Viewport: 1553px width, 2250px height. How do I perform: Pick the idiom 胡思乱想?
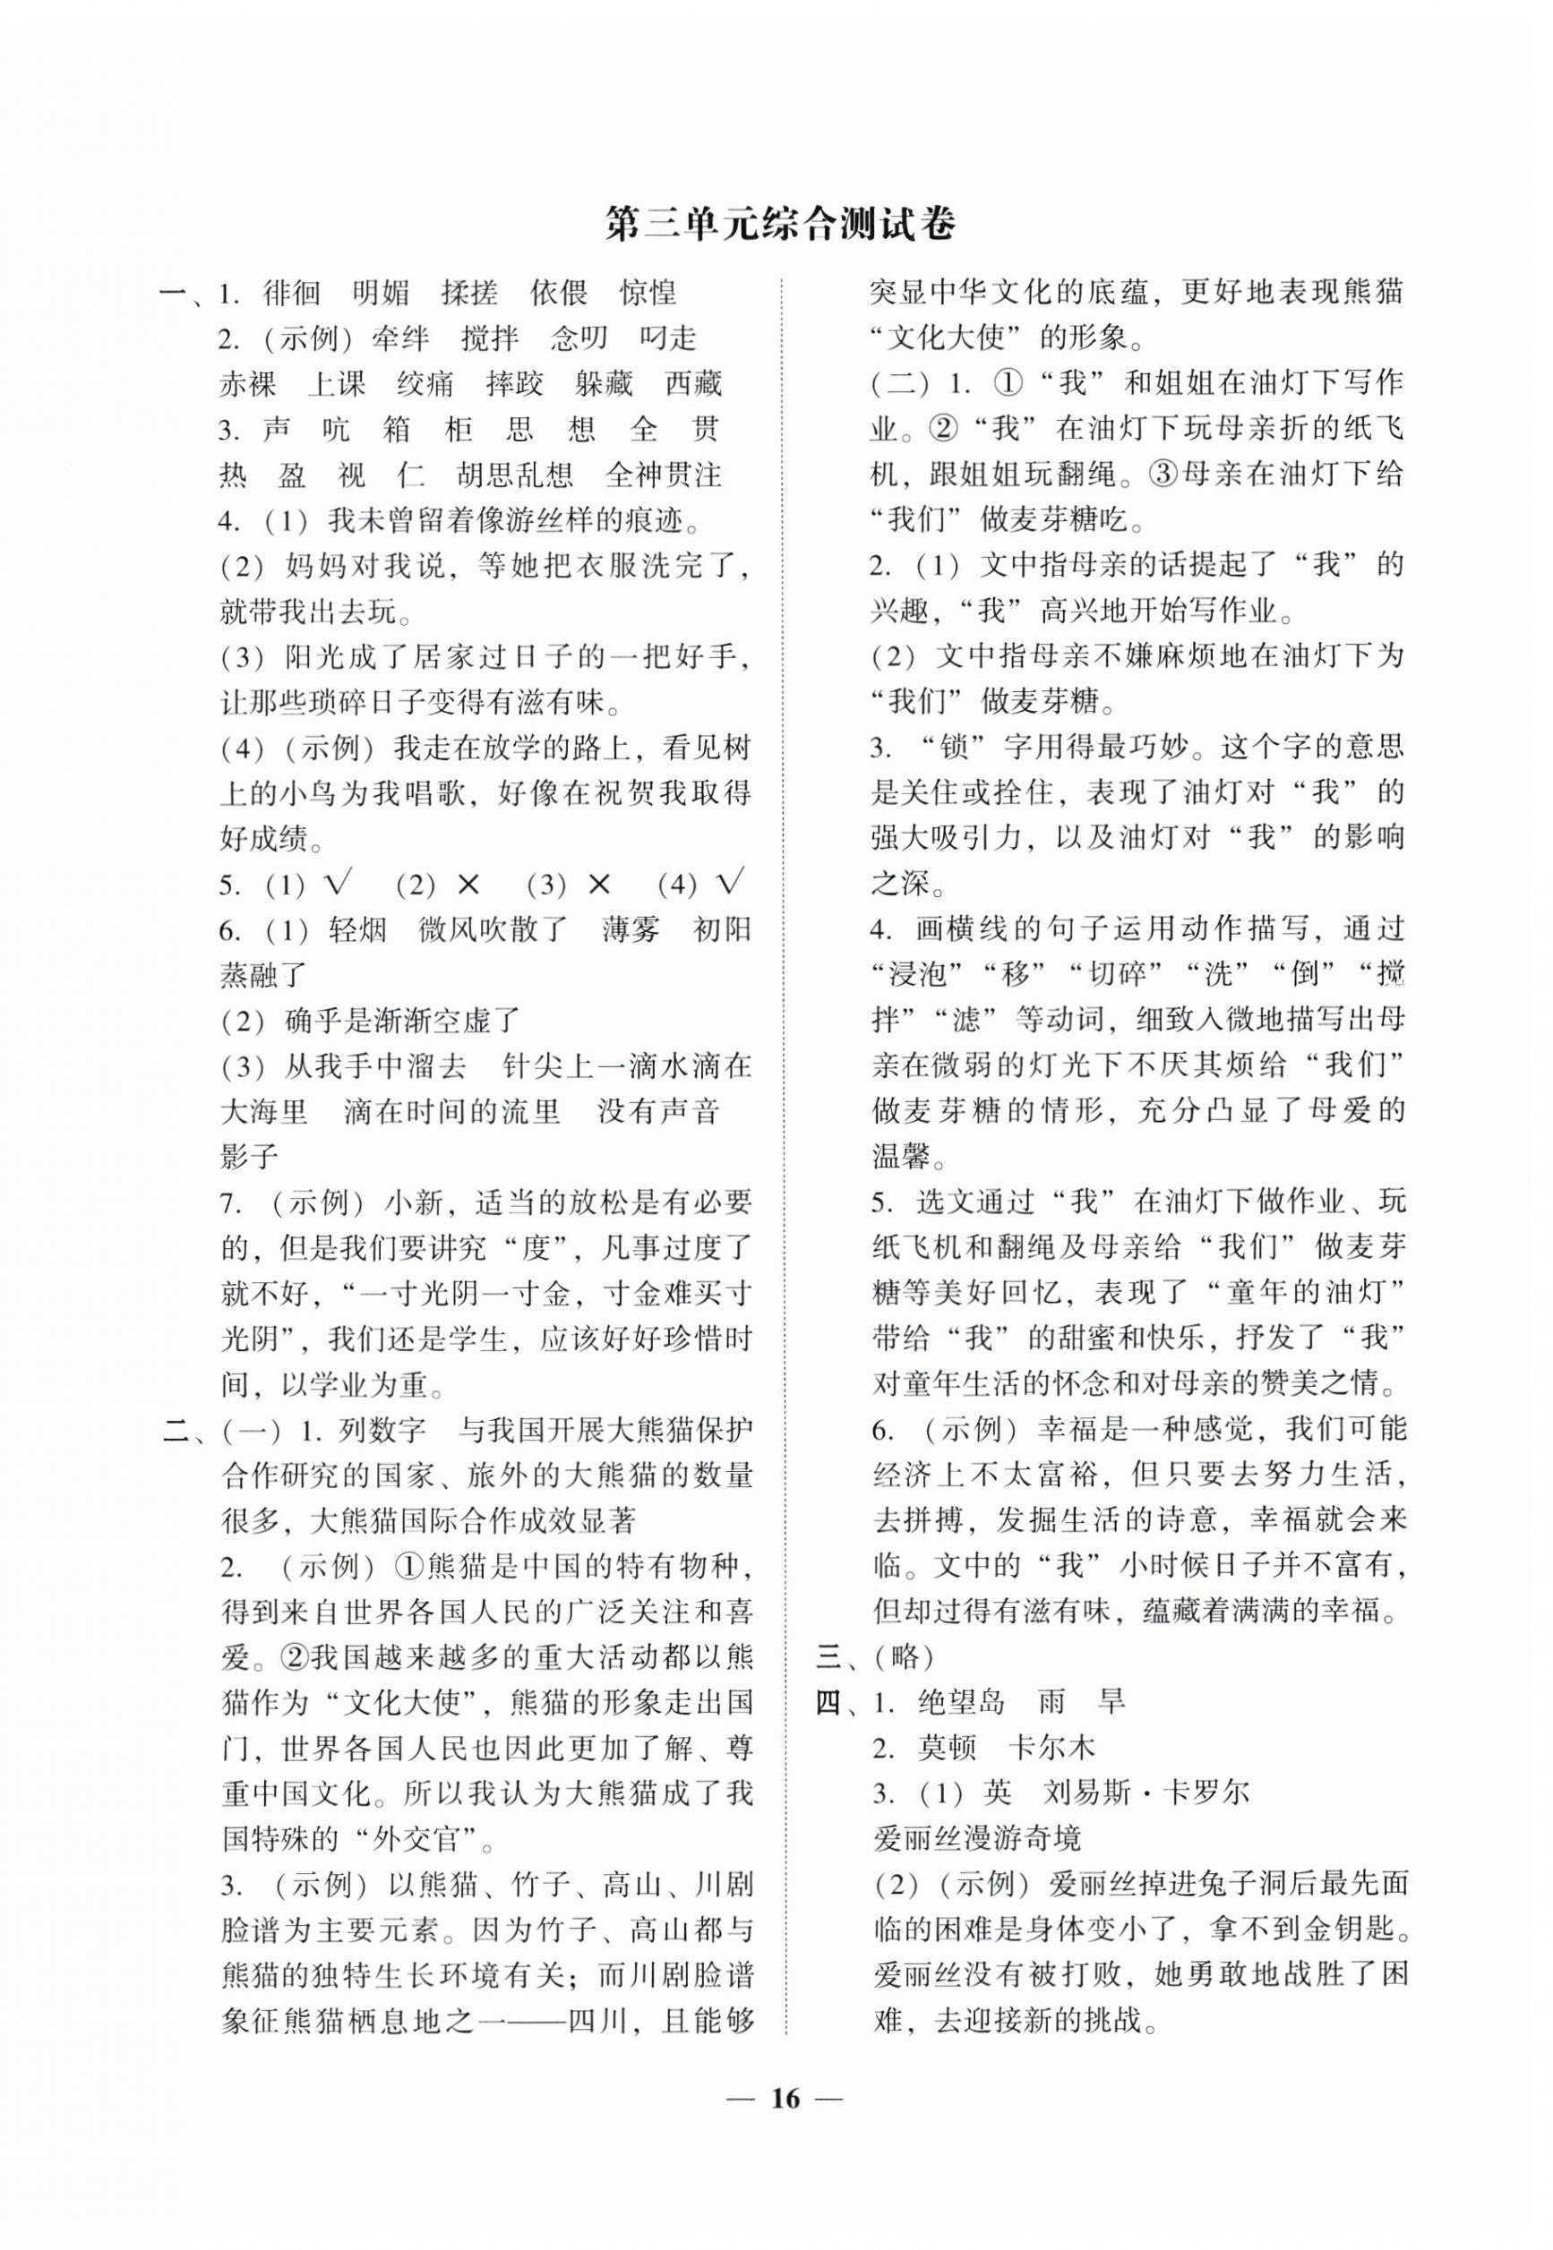pyautogui.click(x=515, y=475)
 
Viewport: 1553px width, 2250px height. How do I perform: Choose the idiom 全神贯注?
pyautogui.click(x=664, y=475)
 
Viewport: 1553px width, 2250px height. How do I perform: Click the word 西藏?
pyautogui.click(x=693, y=384)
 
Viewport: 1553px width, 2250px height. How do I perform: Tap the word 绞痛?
pyautogui.click(x=425, y=384)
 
